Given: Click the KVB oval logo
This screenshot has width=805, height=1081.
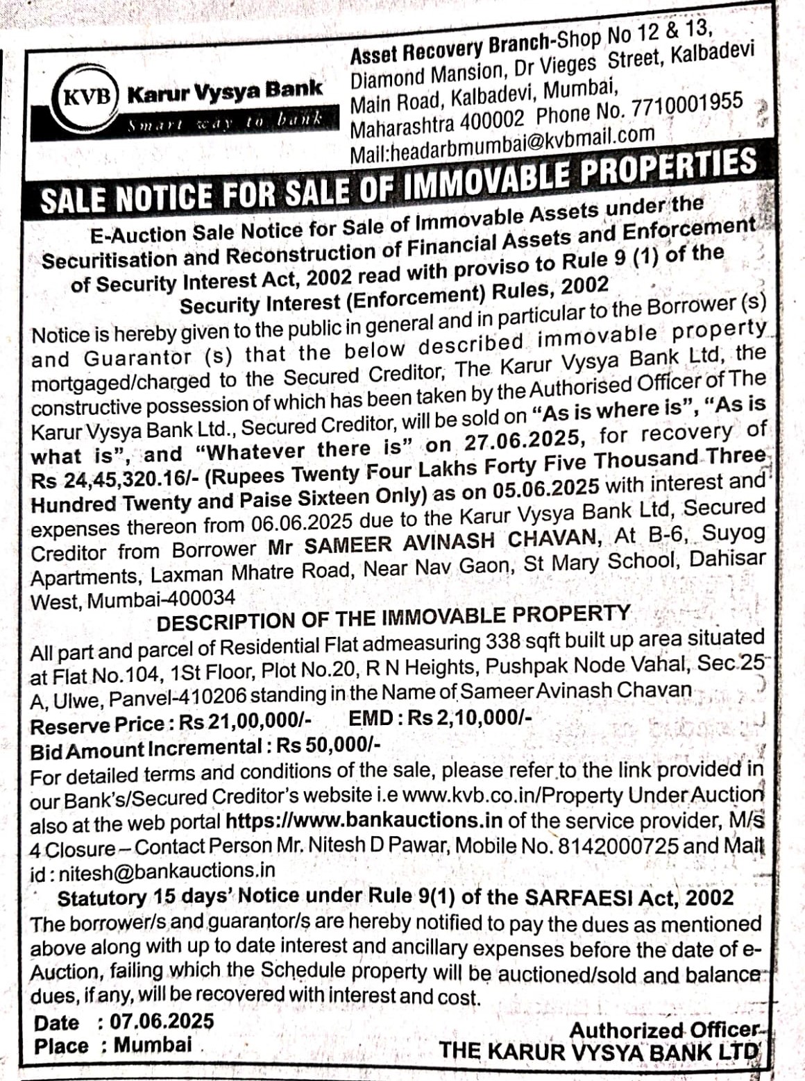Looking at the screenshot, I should click(88, 95).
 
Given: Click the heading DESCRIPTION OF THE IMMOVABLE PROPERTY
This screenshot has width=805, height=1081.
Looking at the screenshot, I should click(393, 617).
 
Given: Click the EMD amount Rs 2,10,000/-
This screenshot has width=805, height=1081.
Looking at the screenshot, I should click(470, 718).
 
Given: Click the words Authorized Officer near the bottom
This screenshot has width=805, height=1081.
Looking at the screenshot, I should click(663, 1030).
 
